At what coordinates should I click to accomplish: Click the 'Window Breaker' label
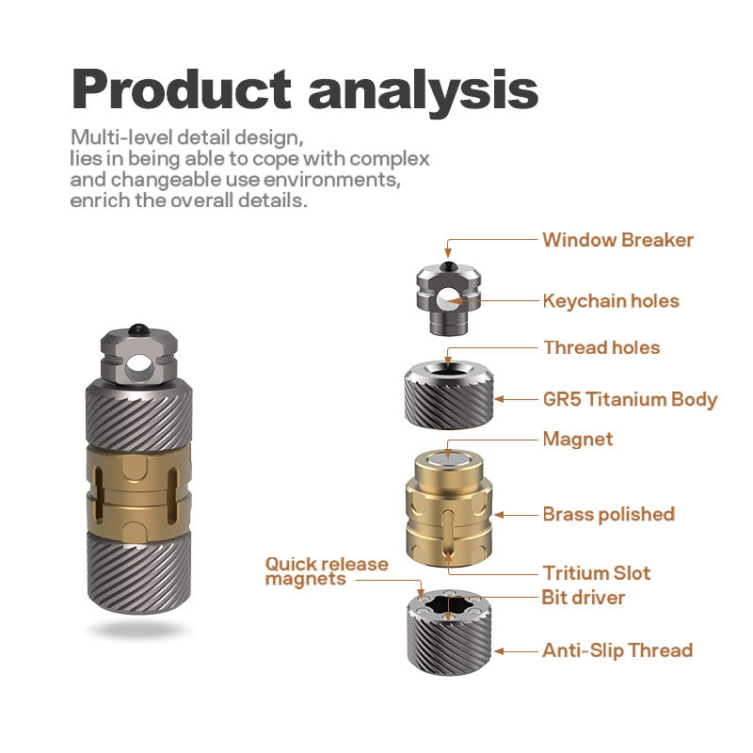click(617, 240)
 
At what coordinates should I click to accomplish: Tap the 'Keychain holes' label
click(611, 301)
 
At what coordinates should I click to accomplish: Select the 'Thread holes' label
click(601, 347)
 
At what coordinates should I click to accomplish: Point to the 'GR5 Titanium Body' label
click(630, 399)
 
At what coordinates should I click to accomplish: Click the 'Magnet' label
click(578, 439)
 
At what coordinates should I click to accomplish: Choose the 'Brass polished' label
click(609, 514)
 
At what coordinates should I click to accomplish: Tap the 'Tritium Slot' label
click(597, 573)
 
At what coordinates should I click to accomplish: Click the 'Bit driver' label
click(583, 598)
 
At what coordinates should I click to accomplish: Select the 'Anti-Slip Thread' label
click(617, 650)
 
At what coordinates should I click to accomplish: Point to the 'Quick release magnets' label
click(327, 571)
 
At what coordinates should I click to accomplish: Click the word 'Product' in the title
click(182, 89)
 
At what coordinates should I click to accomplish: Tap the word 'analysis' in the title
click(423, 93)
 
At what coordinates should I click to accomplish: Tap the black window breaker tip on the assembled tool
click(138, 328)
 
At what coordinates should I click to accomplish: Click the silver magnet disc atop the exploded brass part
click(448, 461)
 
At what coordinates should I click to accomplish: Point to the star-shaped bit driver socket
click(448, 605)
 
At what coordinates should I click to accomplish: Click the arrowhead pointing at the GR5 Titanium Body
click(500, 399)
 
